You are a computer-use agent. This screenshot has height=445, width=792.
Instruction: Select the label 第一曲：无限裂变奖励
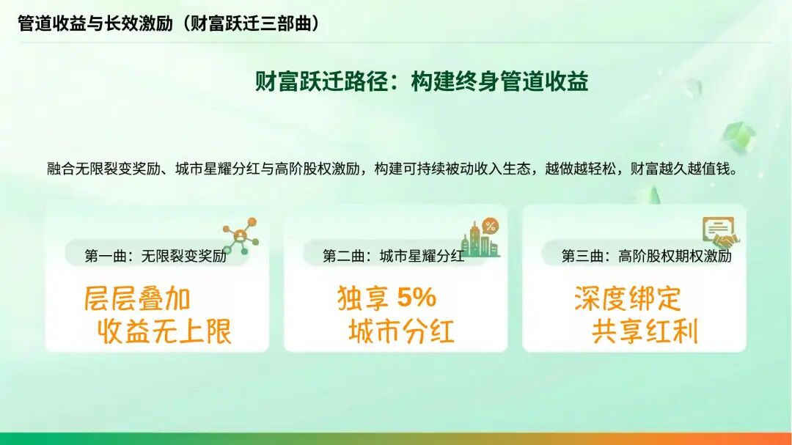[155, 256]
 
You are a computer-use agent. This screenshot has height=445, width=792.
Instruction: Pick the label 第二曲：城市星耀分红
[393, 256]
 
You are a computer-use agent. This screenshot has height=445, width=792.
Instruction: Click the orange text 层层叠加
[137, 299]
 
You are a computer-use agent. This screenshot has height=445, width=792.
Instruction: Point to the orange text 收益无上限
[165, 332]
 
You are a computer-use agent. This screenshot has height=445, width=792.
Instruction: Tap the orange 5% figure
[416, 298]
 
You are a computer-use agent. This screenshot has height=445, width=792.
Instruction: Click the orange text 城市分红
[401, 332]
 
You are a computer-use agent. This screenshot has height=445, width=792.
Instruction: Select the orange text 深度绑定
[628, 299]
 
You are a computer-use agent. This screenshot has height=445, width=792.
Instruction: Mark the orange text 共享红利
[645, 332]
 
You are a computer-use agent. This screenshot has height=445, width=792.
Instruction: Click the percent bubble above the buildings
[490, 226]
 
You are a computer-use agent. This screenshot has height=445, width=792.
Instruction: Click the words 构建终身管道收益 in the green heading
[499, 81]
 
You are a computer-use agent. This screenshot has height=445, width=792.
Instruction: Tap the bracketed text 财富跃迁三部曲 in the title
[252, 23]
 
